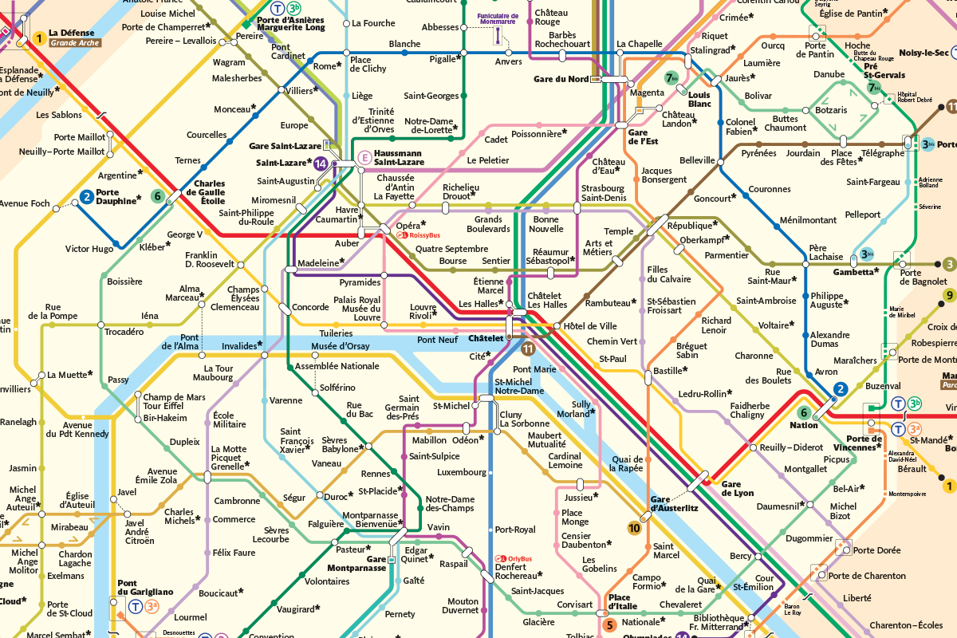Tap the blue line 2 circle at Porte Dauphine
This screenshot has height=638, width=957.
pos(87,197)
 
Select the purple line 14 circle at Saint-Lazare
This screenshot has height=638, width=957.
pos(321,163)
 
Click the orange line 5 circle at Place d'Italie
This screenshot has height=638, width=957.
pos(610,624)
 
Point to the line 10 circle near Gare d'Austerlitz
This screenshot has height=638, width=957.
pos(634,527)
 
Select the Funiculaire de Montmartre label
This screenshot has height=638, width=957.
pos(498,18)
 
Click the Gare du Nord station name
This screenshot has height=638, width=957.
pos(561,79)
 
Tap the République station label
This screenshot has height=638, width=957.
pos(692,225)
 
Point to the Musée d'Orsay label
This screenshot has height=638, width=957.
pos(340,346)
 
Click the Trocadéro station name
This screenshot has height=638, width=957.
pos(124,331)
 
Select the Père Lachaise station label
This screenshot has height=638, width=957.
pos(825,252)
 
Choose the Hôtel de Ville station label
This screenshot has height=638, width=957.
pos(590,326)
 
